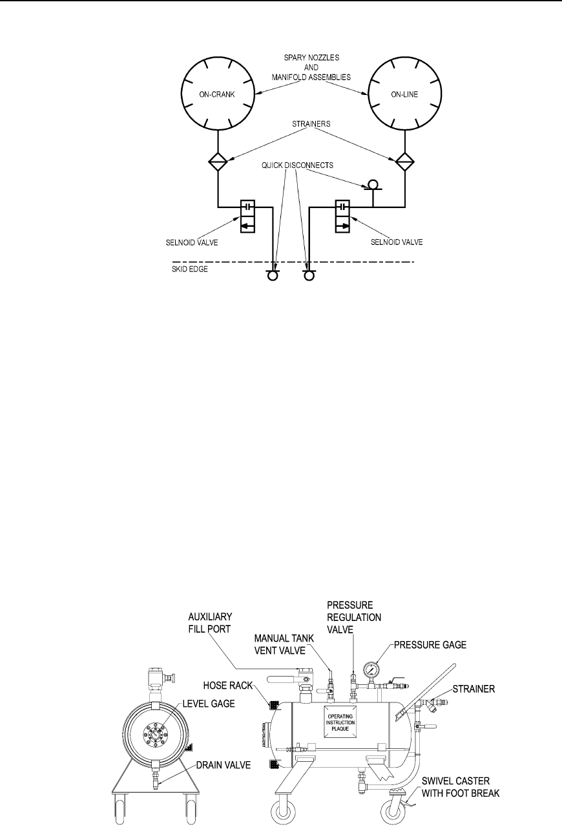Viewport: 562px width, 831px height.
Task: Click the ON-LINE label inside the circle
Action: (x=406, y=94)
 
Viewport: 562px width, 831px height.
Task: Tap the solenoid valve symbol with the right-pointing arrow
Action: (x=343, y=216)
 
